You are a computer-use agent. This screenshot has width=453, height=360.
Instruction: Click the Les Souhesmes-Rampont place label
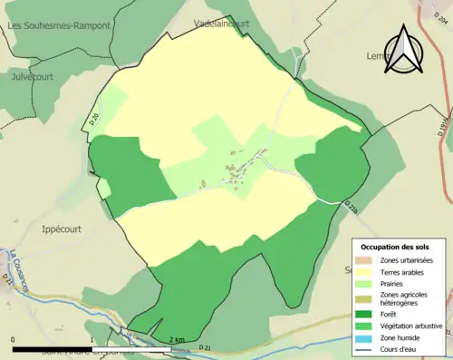(x=58, y=26)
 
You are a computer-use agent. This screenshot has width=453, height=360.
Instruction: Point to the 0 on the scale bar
(x=14, y=340)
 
